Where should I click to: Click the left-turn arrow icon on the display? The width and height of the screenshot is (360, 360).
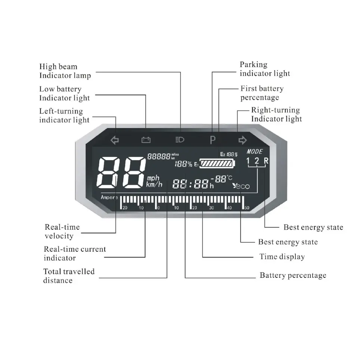click(115, 140)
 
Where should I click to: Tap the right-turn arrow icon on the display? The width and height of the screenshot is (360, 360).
click(243, 140)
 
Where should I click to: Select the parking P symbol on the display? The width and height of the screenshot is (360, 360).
click(212, 140)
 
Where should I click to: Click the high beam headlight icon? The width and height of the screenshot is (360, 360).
click(180, 140)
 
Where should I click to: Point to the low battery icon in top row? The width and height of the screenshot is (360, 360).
click(146, 140)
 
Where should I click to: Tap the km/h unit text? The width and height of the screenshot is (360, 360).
click(155, 184)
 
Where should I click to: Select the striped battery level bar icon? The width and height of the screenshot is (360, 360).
click(218, 164)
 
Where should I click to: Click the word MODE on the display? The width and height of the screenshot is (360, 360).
click(255, 152)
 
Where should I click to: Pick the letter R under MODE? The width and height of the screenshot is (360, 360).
click(266, 161)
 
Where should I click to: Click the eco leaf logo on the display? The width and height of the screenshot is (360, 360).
click(241, 186)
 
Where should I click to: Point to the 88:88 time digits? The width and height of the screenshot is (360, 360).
click(190, 184)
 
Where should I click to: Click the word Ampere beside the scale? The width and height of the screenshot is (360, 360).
click(109, 197)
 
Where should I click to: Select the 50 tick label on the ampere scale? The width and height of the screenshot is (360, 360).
click(246, 208)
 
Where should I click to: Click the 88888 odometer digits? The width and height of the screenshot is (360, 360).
click(159, 156)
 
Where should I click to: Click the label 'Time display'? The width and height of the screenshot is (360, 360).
click(282, 257)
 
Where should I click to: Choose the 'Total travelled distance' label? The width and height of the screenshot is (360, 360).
click(69, 276)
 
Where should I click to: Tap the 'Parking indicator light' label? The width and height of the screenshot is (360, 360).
click(265, 69)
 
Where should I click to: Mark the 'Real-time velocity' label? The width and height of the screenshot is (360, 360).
click(62, 232)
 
